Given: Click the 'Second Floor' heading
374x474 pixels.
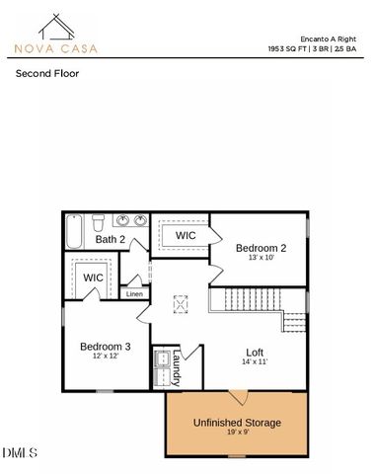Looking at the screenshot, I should coord(46,73).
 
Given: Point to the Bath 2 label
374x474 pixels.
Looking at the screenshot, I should coord(110,239).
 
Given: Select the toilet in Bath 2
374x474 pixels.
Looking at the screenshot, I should coord(99,221).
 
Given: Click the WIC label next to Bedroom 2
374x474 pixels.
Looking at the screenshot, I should coord(187,236).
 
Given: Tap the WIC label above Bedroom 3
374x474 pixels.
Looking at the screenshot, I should coord(93,277).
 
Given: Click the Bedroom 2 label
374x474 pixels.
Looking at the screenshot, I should coord(261,248).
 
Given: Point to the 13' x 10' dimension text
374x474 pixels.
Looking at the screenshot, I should coord(261,258).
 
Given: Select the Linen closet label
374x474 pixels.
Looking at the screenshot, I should coord(134,294).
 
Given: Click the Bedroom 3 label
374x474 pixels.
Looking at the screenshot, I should coord(105,347).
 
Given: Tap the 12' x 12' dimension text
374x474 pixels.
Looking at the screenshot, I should coord(105,356).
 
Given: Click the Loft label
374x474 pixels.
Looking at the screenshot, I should coord(255,352).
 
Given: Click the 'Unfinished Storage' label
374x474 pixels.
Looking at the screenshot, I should coord(237,422).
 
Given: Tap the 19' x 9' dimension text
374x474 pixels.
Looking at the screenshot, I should coord(237,433).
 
